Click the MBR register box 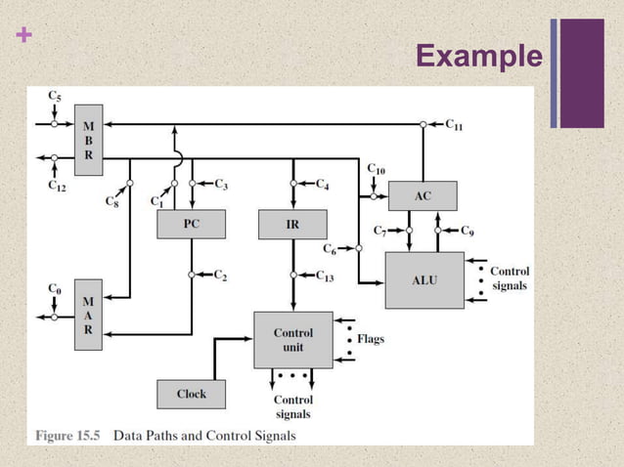[89, 140]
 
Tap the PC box [191, 224]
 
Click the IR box [292, 224]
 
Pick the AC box [423, 195]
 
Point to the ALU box [424, 279]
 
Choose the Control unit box [293, 340]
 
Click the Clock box [192, 394]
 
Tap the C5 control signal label [57, 96]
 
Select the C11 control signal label [456, 124]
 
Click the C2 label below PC [222, 276]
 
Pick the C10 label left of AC [376, 169]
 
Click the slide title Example [477, 58]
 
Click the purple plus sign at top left [24, 36]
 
